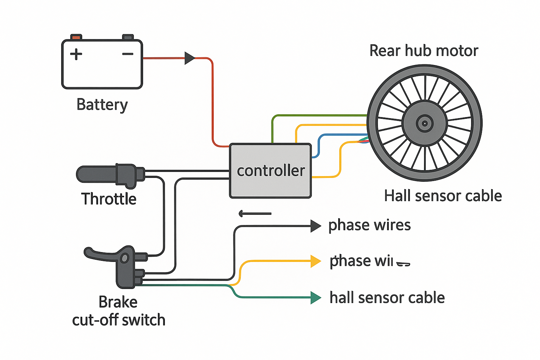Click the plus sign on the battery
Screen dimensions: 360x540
pos(76,54)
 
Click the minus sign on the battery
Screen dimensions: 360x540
pos(128,54)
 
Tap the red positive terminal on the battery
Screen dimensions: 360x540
pos(76,37)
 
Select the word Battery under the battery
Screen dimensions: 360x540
pos(102,105)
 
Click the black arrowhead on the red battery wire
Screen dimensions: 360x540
pos(189,58)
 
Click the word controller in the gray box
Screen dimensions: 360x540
pos(271,171)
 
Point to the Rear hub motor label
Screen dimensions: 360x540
pos(424,51)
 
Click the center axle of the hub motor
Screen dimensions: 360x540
pos(424,123)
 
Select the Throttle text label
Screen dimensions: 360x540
pos(109,199)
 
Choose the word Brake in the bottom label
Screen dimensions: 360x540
pos(118,302)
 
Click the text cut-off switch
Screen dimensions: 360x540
pos(118,320)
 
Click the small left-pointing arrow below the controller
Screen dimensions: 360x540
pos(255,213)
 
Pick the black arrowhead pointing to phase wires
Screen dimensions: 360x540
pos(315,226)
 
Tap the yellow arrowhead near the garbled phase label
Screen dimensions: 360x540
pos(315,262)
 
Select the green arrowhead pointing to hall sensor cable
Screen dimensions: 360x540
pos(315,298)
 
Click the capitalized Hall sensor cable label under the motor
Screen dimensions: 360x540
pos(443,196)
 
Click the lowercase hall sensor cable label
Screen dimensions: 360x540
pos(387,298)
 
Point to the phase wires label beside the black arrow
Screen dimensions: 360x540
pos(369,225)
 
